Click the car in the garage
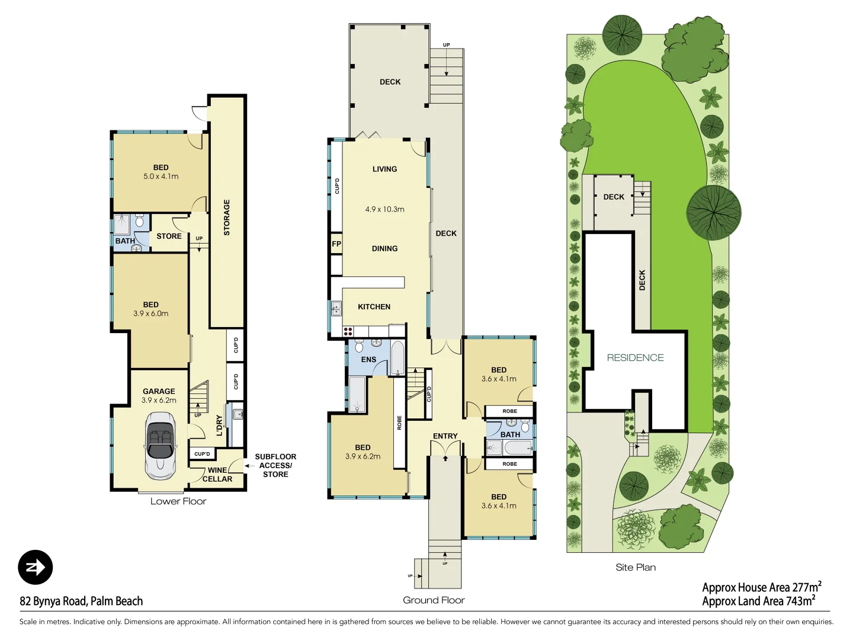pyautogui.click(x=160, y=446)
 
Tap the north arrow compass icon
pyautogui.click(x=36, y=568)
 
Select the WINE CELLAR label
pyautogui.click(x=217, y=475)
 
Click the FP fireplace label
pyautogui.click(x=336, y=244)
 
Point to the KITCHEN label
pyautogui.click(x=374, y=307)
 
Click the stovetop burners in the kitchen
pyautogui.click(x=348, y=331)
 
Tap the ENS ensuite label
pyautogui.click(x=368, y=360)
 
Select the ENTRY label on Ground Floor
pyautogui.click(x=445, y=436)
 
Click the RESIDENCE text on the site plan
pyautogui.click(x=635, y=358)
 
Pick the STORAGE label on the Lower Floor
pyautogui.click(x=226, y=217)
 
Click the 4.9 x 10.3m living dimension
pyautogui.click(x=384, y=209)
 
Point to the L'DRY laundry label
pyautogui.click(x=219, y=425)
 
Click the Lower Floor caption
pyautogui.click(x=178, y=501)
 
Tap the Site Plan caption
pyautogui.click(x=636, y=567)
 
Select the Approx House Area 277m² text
pyautogui.click(x=761, y=587)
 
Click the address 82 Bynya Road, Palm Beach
pyautogui.click(x=81, y=601)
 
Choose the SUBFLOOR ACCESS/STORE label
pyautogui.click(x=275, y=465)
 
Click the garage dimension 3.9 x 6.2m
pyautogui.click(x=159, y=401)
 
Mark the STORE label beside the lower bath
pyautogui.click(x=169, y=236)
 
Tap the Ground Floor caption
pyautogui.click(x=434, y=600)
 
